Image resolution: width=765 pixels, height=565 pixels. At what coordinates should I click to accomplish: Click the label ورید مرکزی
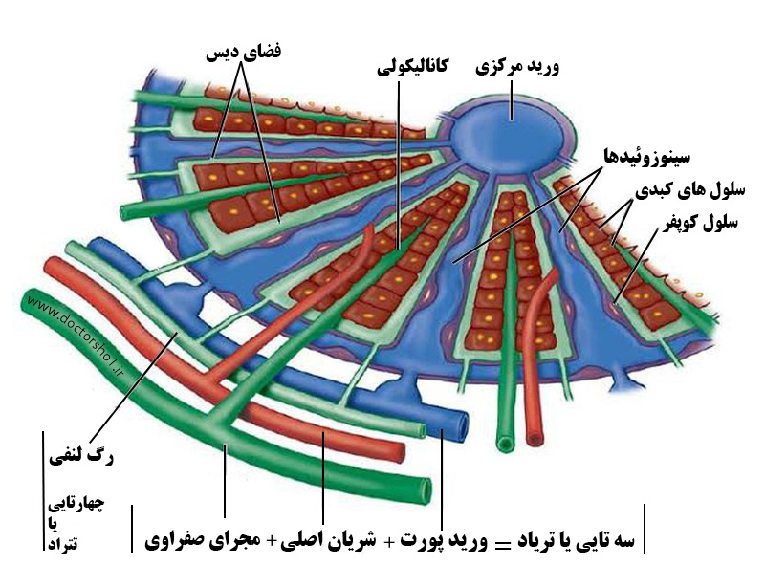(x=517, y=67)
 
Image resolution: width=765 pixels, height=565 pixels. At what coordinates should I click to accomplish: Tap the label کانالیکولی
(x=412, y=66)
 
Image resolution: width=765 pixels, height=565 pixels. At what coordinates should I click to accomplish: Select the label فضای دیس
(x=244, y=52)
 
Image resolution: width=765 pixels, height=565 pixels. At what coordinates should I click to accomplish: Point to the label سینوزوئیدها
(x=647, y=156)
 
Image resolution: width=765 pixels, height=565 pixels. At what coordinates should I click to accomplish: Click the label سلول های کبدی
(x=689, y=190)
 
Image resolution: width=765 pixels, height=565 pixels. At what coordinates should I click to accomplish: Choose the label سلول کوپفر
(x=700, y=223)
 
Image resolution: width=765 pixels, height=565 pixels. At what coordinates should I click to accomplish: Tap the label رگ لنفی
(x=81, y=457)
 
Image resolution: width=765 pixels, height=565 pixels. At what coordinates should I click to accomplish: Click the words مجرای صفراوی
(x=205, y=540)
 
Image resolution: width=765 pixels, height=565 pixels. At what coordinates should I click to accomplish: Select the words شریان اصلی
(x=328, y=539)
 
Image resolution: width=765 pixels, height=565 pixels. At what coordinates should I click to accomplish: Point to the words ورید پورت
(x=444, y=540)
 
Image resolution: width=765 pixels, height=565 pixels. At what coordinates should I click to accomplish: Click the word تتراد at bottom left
(x=63, y=544)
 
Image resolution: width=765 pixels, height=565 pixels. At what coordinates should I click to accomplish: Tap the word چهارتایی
(x=76, y=504)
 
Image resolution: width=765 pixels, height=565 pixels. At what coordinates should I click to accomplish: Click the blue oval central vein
(x=512, y=133)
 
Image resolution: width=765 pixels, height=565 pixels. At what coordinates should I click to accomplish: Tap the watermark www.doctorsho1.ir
(x=76, y=336)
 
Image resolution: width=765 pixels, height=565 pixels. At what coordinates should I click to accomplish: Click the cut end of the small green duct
(x=505, y=444)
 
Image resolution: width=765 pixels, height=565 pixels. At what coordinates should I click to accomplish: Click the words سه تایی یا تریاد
(x=576, y=540)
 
